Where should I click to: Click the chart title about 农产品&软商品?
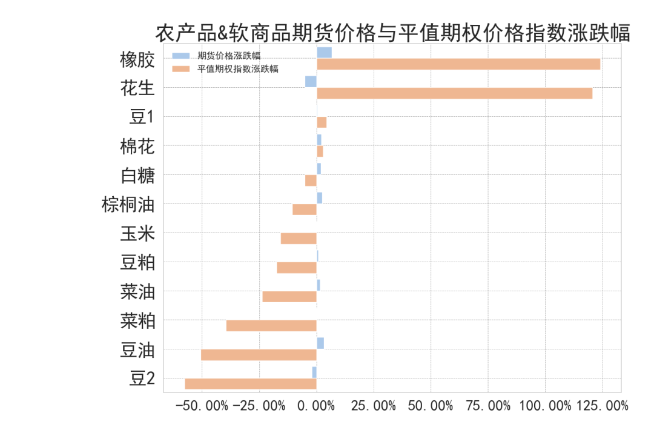pos(392,33)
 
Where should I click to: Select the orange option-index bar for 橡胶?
pos(458,64)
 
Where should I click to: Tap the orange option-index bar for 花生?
pos(454,93)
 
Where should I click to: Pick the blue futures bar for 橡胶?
pos(324,53)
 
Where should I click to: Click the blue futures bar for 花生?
pos(311,82)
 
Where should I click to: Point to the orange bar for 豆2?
pos(251,384)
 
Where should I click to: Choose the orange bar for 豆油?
pos(259,355)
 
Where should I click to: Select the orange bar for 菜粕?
pos(271,326)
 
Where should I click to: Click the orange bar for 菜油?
pos(289,297)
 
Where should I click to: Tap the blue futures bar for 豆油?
pos(320,343)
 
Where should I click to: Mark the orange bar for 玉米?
pos(299,239)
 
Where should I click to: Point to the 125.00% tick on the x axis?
pos(602,406)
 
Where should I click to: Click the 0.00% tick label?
pos(317,406)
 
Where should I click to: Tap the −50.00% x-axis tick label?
pos(202,406)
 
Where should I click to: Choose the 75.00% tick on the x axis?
pos(487,406)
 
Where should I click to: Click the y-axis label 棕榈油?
pos(128,205)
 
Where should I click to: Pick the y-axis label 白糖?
pos(137,176)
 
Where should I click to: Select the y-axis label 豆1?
pos(142,117)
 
